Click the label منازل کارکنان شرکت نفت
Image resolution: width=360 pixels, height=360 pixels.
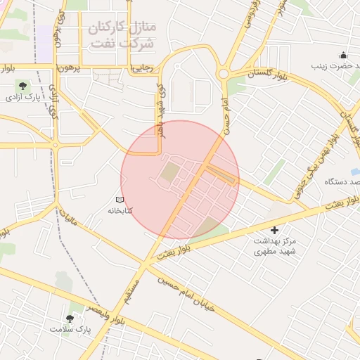point(123,34)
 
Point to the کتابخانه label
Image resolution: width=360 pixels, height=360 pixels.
point(120,210)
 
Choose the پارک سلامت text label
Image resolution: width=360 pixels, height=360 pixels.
point(70,328)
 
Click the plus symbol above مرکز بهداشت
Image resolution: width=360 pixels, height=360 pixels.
point(274,230)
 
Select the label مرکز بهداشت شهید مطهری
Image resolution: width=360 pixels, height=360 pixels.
point(275,245)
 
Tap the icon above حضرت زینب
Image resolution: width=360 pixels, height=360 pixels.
point(342,56)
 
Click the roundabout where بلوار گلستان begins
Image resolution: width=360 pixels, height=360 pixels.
point(224,73)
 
